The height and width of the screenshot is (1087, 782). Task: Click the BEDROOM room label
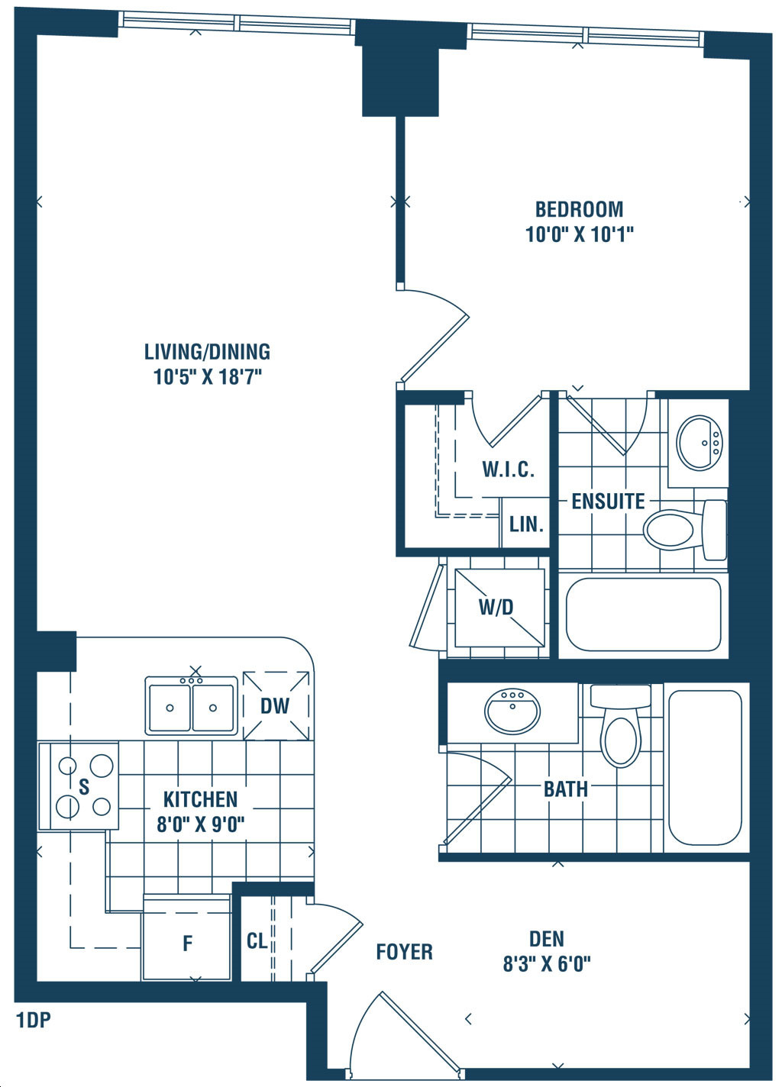tap(579, 209)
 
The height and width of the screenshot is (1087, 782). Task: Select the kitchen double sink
tap(191, 706)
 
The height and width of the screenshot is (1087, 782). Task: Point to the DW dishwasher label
tap(275, 706)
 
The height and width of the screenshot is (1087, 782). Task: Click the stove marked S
tap(85, 786)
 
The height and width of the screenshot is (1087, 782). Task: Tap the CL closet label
tap(257, 941)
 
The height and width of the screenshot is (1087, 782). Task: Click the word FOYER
tap(404, 952)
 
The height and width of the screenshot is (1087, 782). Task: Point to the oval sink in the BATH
tap(512, 711)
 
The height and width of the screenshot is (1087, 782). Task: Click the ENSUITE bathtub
tap(644, 614)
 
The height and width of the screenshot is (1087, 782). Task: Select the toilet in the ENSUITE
tap(684, 530)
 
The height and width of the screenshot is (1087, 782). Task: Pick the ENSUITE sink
tap(700, 443)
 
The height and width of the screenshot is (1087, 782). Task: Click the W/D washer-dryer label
tap(496, 607)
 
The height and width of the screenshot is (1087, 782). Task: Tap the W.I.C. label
tap(509, 469)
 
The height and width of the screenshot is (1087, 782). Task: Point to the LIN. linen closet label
tap(526, 524)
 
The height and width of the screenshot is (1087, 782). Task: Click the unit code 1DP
tap(34, 1021)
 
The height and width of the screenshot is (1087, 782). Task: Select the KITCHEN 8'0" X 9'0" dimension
tap(201, 824)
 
